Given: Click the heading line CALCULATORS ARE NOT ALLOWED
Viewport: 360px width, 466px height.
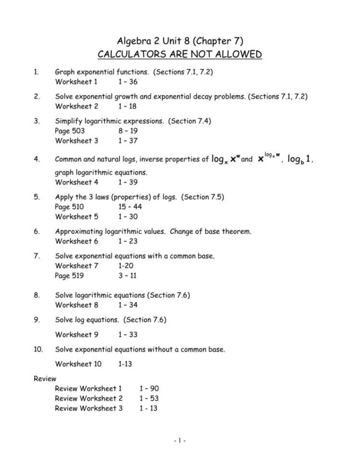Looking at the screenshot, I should coord(180,54).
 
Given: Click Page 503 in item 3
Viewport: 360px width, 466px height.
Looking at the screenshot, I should coord(70,131).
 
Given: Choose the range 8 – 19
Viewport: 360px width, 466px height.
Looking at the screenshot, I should coord(127,131).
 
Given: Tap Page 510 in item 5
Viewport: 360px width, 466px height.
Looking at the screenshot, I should coord(70,207).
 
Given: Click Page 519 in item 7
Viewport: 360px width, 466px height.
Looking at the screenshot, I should coord(70,276).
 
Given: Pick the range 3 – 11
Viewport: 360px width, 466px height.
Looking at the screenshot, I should coord(127,276).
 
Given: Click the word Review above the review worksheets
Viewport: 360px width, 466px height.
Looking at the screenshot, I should coord(45,379).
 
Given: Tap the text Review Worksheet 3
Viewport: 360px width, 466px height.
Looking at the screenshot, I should coord(88,408).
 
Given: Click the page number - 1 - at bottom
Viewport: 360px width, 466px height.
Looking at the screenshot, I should coord(180,440).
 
